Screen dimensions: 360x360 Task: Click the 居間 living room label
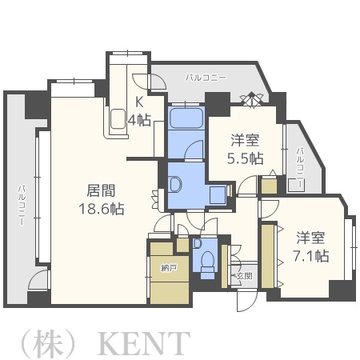click(x=102, y=191)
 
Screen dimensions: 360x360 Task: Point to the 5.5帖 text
click(x=245, y=157)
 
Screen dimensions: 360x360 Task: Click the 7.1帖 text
click(x=311, y=255)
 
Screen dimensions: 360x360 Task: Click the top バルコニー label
click(x=206, y=78)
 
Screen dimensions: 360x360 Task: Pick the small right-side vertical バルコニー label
click(x=299, y=168)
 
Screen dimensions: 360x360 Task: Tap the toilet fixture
click(x=208, y=262)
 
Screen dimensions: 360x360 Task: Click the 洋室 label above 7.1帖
click(x=311, y=237)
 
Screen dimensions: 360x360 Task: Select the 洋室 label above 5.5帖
click(x=244, y=138)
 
